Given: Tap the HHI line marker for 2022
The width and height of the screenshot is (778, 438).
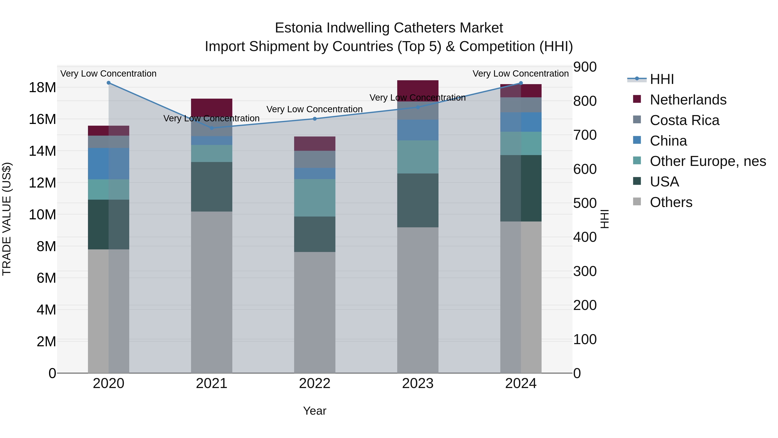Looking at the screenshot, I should [x=315, y=119].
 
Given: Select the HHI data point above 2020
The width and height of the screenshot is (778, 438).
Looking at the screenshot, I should [x=109, y=83].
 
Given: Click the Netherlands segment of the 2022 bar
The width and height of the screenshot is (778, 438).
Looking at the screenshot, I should [x=315, y=144].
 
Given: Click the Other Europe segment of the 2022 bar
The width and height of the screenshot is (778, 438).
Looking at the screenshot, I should [x=315, y=198].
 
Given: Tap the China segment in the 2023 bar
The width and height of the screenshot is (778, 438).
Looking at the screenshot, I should [x=418, y=130].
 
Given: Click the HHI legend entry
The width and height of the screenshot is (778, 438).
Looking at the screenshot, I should [x=662, y=79].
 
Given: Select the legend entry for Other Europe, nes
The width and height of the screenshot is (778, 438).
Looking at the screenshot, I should [x=707, y=161].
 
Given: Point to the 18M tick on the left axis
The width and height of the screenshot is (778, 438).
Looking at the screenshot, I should [x=42, y=88].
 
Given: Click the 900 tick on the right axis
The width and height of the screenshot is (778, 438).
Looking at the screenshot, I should [x=585, y=67].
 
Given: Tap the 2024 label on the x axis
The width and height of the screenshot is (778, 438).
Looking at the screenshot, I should [x=521, y=383].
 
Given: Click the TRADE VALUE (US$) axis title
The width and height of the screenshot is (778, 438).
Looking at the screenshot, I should [x=7, y=219].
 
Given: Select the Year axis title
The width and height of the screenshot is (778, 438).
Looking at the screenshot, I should [x=315, y=411].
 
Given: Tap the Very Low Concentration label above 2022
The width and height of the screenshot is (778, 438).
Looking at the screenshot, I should [x=314, y=109].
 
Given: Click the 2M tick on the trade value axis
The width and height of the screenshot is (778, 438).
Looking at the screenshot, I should [x=46, y=342].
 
